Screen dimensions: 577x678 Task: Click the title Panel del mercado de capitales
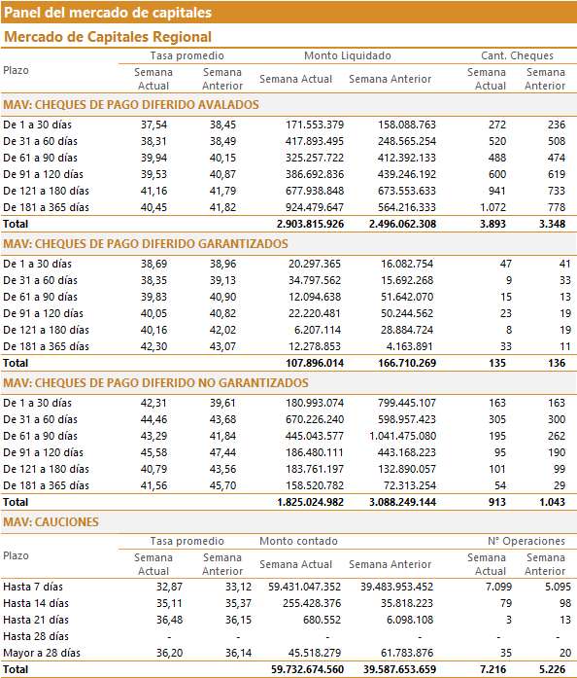[x=108, y=13]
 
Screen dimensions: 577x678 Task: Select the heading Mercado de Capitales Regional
[x=108, y=37]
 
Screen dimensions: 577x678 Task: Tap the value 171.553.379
[x=315, y=125]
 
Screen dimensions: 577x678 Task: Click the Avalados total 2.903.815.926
[x=310, y=224]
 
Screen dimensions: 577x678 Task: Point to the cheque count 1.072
[x=492, y=207]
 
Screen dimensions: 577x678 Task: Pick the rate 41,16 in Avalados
[x=153, y=191]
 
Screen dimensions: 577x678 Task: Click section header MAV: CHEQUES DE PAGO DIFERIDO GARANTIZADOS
[x=146, y=244]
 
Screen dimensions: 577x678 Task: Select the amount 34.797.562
[x=315, y=280]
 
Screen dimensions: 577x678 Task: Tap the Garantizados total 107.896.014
[x=315, y=363]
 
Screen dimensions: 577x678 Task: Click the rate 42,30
[x=153, y=347]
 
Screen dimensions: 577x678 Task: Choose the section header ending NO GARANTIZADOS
[x=155, y=383]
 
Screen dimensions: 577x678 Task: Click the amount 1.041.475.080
[x=402, y=437]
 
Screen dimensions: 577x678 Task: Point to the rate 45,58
[x=153, y=452]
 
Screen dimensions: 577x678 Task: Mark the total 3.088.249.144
[x=402, y=503]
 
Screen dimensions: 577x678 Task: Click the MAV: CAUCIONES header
[x=51, y=522]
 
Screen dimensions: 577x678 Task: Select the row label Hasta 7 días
[x=33, y=588]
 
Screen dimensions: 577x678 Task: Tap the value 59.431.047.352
[x=304, y=588]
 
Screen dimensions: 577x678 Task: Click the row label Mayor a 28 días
[x=42, y=654]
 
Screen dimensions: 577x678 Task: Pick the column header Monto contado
[x=298, y=542]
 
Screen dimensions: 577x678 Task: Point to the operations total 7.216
[x=492, y=670]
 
